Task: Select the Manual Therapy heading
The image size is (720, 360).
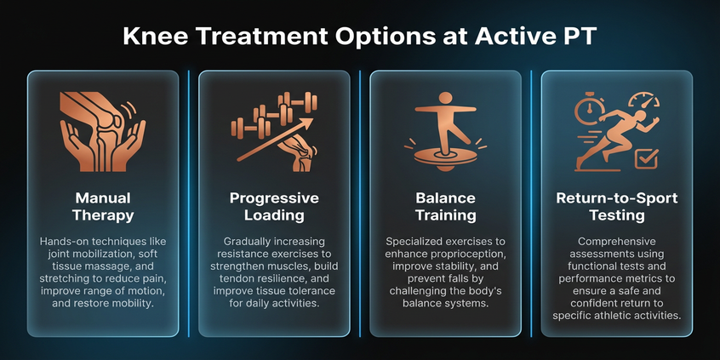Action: coord(102,207)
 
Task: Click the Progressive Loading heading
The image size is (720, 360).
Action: coord(274,207)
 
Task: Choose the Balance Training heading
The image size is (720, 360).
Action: coord(445,207)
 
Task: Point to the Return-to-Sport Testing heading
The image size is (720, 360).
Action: coord(616,207)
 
